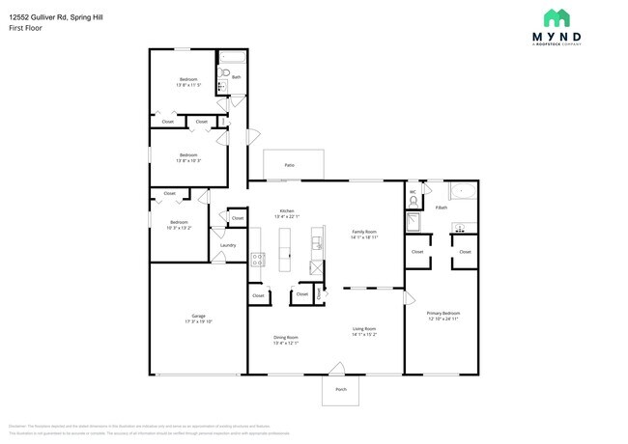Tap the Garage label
pos(198,317)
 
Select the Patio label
pos(289,165)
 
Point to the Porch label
pos(340,389)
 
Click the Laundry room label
pos(228,245)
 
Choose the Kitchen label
pos(287,210)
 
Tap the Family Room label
pos(364,232)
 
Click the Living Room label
pos(364,330)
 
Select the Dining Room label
pos(286,337)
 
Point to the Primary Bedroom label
pos(443,313)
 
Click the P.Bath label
pos(441,208)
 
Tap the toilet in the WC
pos(413,203)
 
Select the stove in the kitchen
pos(258,259)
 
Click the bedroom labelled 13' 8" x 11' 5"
pos(188,79)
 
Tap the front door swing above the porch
pos(336,368)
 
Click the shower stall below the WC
pos(414,224)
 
